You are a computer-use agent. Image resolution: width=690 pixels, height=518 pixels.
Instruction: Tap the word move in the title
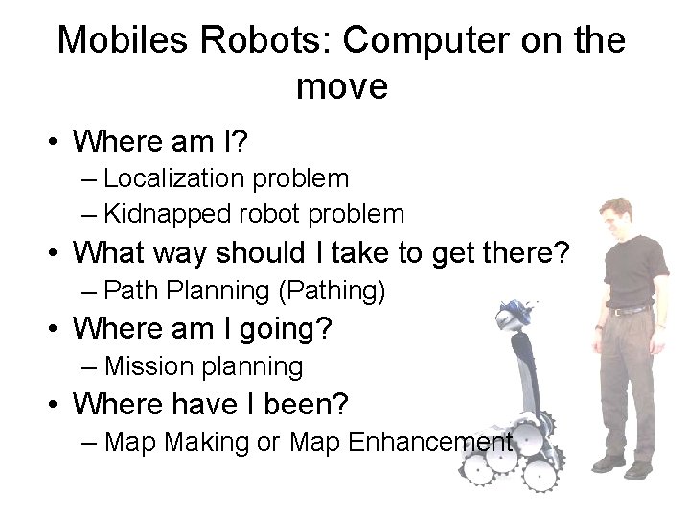[342, 86]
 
